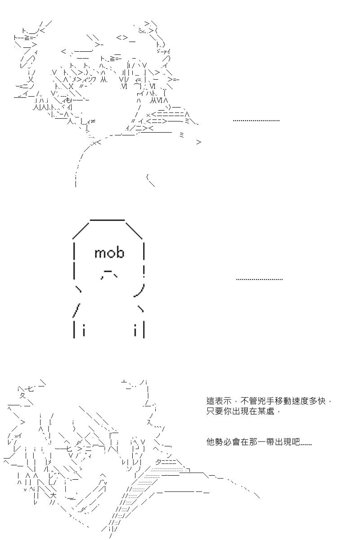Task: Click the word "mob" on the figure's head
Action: (x=109, y=252)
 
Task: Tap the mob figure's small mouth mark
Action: (x=109, y=275)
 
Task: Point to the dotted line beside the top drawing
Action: (x=256, y=120)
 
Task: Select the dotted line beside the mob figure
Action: (x=259, y=279)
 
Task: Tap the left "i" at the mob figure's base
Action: (x=84, y=330)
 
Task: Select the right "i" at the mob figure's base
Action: (x=135, y=330)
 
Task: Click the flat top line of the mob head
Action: (x=107, y=220)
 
